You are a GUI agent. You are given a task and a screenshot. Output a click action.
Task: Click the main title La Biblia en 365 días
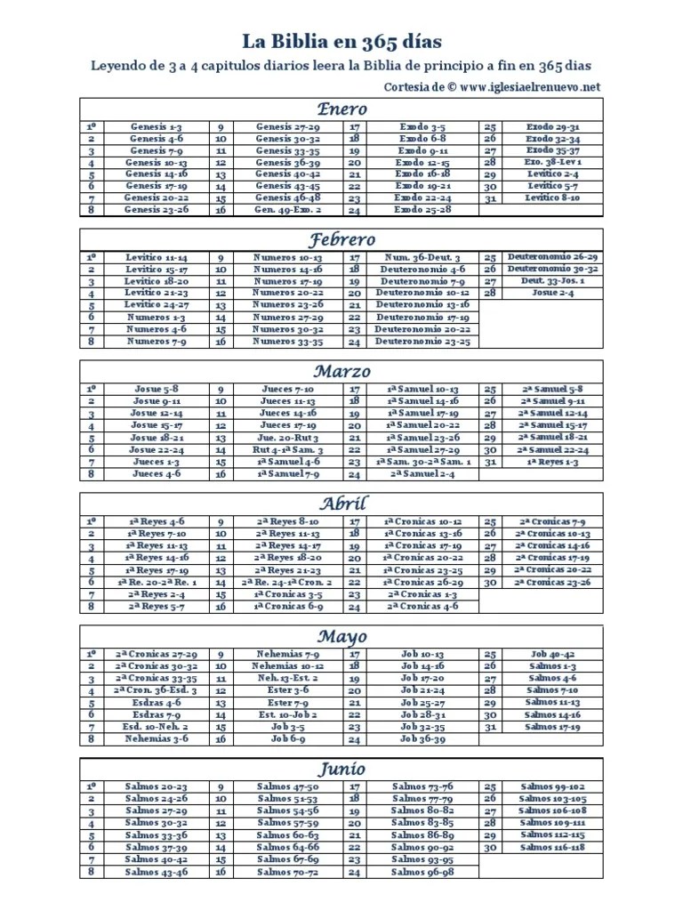341,41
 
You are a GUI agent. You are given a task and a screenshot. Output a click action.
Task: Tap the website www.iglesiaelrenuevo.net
531,86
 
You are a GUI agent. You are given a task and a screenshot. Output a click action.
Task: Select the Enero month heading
342,109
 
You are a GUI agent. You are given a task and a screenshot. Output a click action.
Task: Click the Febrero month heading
342,239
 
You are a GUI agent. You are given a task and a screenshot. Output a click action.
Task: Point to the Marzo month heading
342,371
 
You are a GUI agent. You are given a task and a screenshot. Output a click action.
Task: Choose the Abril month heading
342,503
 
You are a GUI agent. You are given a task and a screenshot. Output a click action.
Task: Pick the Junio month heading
342,768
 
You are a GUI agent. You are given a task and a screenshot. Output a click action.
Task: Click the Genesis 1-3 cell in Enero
156,127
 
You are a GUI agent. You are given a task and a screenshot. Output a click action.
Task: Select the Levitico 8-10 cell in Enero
552,198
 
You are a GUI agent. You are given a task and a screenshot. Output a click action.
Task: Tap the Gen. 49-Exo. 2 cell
286,210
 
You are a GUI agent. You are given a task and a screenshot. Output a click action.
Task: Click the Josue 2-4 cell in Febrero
552,293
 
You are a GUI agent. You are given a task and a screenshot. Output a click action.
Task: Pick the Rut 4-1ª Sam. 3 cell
286,450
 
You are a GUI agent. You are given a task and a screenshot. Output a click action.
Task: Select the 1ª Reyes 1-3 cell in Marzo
552,463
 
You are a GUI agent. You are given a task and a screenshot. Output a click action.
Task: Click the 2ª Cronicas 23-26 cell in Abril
552,582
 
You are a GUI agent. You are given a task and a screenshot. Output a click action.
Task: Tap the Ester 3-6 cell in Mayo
286,689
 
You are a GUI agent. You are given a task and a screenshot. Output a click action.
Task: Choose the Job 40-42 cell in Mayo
552,653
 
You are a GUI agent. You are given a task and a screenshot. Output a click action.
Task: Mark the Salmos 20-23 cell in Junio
156,786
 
